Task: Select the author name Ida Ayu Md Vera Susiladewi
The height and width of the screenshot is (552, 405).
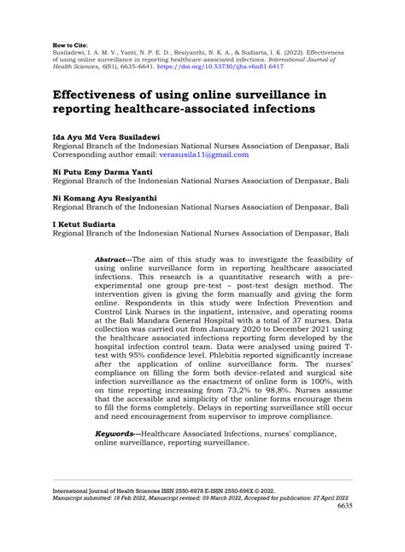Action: pos(108,137)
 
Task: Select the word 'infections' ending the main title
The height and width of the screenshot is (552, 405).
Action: pos(254,110)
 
